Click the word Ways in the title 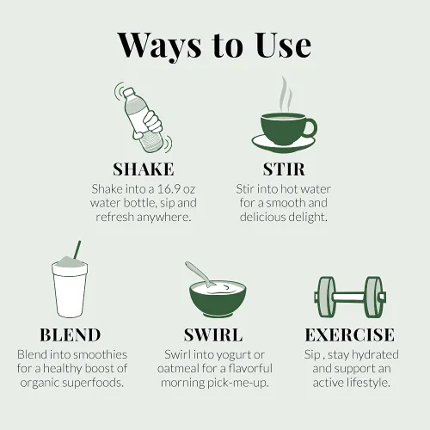[x=159, y=46]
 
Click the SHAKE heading [x=144, y=169]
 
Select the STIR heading [x=284, y=169]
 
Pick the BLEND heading [x=71, y=335]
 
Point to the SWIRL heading [x=213, y=335]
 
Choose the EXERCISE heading [x=350, y=335]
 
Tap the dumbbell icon [x=350, y=297]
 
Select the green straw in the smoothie [x=77, y=249]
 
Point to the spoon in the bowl [x=200, y=274]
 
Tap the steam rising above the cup [x=286, y=95]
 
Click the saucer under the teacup [x=284, y=144]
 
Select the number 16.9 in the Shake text [x=169, y=189]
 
